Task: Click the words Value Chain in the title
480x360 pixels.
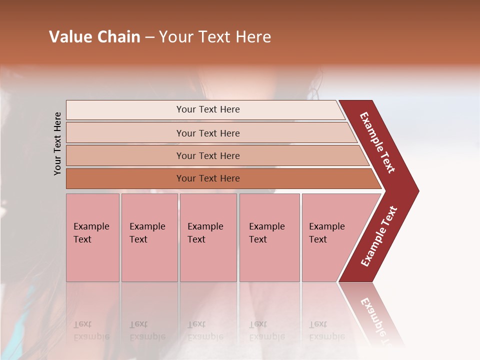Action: [94, 37]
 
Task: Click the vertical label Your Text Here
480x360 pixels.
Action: [57, 143]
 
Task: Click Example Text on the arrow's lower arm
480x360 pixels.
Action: [379, 236]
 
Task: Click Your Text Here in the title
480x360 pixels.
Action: [215, 37]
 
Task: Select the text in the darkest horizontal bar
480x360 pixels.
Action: [208, 178]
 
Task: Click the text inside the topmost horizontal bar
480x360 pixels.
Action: [208, 109]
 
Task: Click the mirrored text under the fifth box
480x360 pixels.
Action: [326, 330]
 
